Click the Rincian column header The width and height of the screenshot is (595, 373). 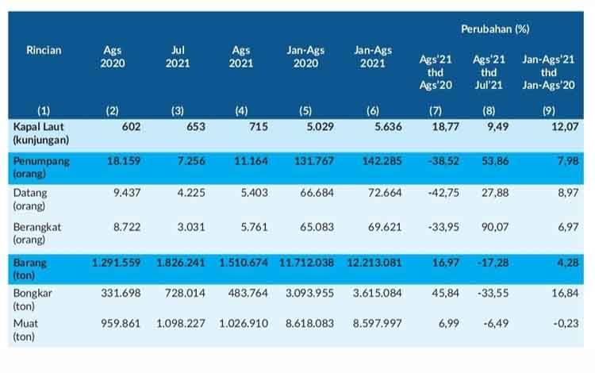[x=44, y=50]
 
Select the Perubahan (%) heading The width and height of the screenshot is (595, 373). [x=495, y=29]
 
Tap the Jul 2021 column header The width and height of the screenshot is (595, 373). [x=178, y=56]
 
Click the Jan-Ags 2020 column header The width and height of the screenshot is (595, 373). [x=305, y=56]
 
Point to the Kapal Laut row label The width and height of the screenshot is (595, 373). [x=41, y=133]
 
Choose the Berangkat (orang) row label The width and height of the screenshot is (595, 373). [x=36, y=233]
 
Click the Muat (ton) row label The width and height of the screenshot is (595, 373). [x=25, y=329]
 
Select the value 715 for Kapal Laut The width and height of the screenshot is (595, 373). [x=259, y=127]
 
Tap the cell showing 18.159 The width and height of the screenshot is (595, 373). [x=124, y=161]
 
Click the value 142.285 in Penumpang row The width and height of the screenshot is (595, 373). [x=382, y=161]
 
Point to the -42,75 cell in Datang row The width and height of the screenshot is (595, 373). [x=443, y=193]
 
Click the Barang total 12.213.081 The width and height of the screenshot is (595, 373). [x=374, y=263]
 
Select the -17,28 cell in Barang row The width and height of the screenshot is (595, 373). [x=493, y=263]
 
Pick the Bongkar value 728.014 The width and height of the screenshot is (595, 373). [x=185, y=293]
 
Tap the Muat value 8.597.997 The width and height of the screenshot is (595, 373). [x=377, y=323]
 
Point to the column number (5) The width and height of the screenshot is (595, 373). [x=305, y=111]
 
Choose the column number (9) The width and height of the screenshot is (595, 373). [x=549, y=111]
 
